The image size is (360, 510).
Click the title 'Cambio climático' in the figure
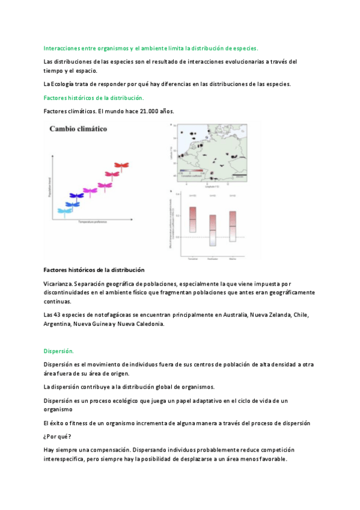(78, 128)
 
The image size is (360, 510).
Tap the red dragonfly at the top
(123, 164)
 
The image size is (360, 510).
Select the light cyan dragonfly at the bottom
(65, 210)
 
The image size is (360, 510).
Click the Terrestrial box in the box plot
(193, 220)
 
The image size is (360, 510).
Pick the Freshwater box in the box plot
(212, 230)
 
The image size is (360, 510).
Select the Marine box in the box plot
(232, 226)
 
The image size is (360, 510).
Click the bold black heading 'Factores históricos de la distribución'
(94, 270)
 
